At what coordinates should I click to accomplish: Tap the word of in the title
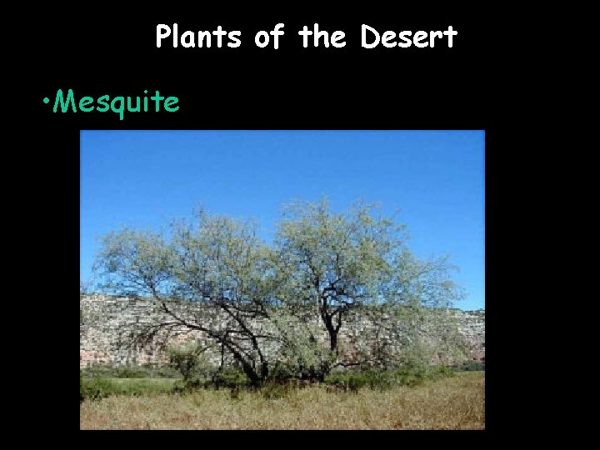point(268,37)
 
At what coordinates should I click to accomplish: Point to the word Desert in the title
point(409,37)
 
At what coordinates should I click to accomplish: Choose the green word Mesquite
point(117,102)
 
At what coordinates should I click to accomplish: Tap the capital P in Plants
point(162,37)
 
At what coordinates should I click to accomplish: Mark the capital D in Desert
point(371,37)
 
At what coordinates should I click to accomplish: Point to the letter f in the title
point(277,36)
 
